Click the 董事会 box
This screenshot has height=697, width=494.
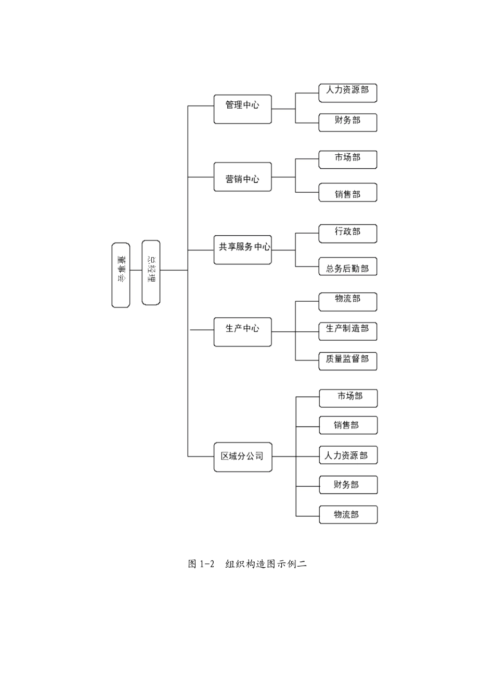(x=121, y=275)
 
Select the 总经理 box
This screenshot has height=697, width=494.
(x=151, y=272)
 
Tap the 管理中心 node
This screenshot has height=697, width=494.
(x=242, y=109)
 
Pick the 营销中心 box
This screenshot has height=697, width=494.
(x=242, y=177)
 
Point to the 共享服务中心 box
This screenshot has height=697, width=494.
(x=242, y=250)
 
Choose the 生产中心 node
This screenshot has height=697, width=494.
(x=242, y=332)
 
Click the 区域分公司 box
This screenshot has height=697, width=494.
(x=242, y=457)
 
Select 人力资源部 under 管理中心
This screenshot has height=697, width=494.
(x=347, y=93)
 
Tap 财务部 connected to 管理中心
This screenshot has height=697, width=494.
(x=347, y=123)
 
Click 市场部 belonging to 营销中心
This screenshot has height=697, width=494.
(x=347, y=159)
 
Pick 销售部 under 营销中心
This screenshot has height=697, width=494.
(x=347, y=193)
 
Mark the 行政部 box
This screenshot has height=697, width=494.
(x=347, y=234)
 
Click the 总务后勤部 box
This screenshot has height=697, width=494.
(x=347, y=266)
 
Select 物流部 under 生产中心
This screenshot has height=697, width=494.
(x=347, y=302)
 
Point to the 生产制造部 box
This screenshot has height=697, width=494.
(x=347, y=331)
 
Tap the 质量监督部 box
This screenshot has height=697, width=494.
(x=347, y=361)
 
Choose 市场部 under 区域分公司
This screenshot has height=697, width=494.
(x=348, y=398)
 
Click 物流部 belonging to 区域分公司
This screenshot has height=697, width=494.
(x=348, y=515)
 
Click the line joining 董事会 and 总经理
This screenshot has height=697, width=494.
(x=136, y=271)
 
